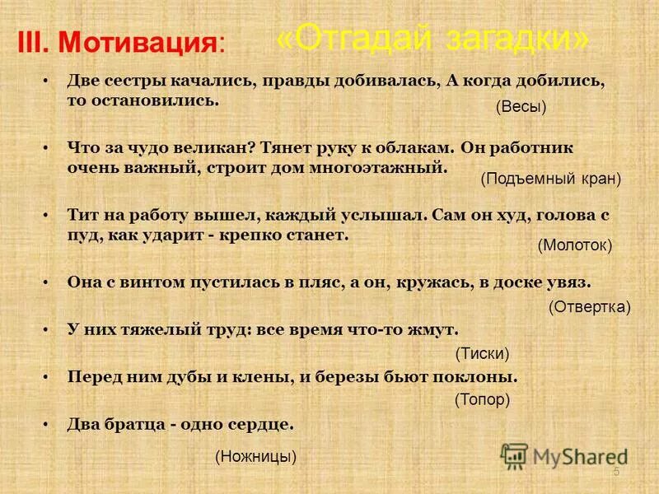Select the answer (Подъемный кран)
pyautogui.click(x=550, y=178)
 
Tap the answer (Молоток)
pyautogui.click(x=575, y=245)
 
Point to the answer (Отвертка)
pyautogui.click(x=589, y=307)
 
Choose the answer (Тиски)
pyautogui.click(x=483, y=353)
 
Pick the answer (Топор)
pyautogui.click(x=483, y=400)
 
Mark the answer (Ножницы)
pyautogui.click(x=255, y=455)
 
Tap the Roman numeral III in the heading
pyautogui.click(x=36, y=43)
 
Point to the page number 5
pyautogui.click(x=616, y=472)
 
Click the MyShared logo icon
pyautogui.click(x=515, y=456)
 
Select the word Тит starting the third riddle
pyautogui.click(x=82, y=215)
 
